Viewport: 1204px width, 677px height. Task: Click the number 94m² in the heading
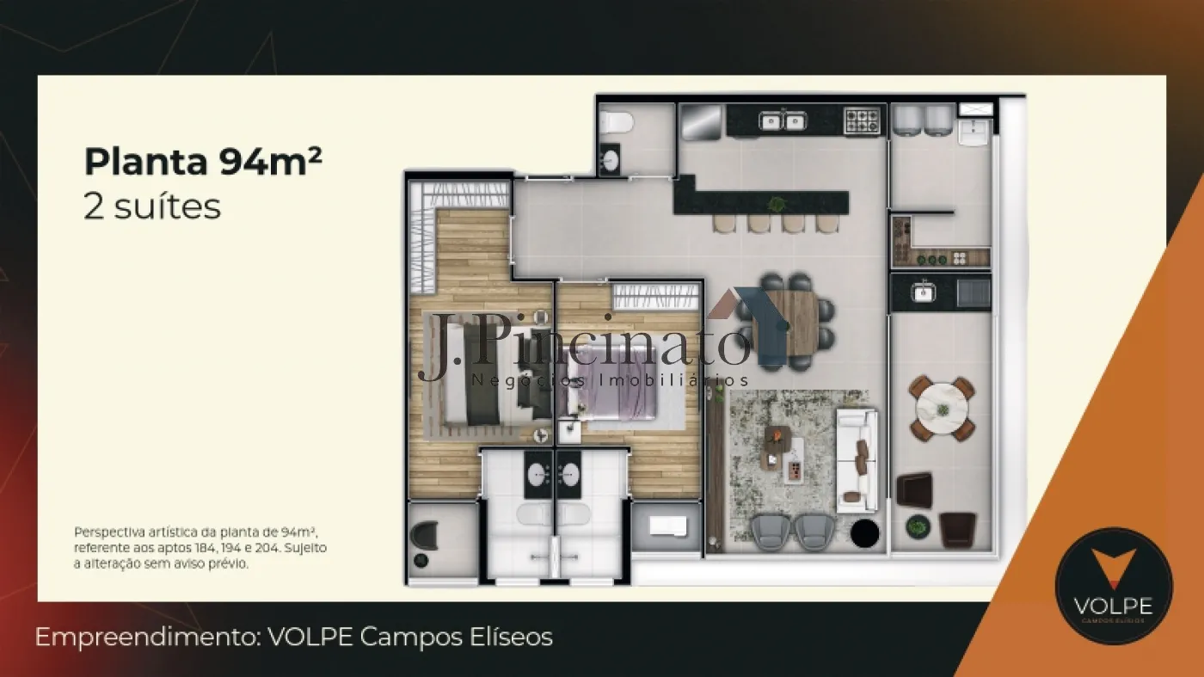(271, 162)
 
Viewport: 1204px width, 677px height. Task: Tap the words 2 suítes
(152, 207)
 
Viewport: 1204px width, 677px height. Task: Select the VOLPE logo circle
(1114, 585)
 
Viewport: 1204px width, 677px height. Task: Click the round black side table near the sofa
(865, 532)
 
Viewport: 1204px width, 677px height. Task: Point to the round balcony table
(943, 408)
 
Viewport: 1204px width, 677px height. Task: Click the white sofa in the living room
(857, 460)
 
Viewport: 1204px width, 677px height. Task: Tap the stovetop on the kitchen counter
(862, 120)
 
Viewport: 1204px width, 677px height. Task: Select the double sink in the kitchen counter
(782, 121)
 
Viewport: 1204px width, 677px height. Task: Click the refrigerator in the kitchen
(702, 122)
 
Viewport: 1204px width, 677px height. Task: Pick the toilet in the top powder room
(616, 122)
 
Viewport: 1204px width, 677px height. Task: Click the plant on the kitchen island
(777, 203)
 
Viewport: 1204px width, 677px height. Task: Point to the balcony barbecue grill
(974, 293)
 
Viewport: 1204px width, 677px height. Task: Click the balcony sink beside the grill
(923, 292)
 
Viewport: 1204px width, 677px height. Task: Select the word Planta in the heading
(145, 162)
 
